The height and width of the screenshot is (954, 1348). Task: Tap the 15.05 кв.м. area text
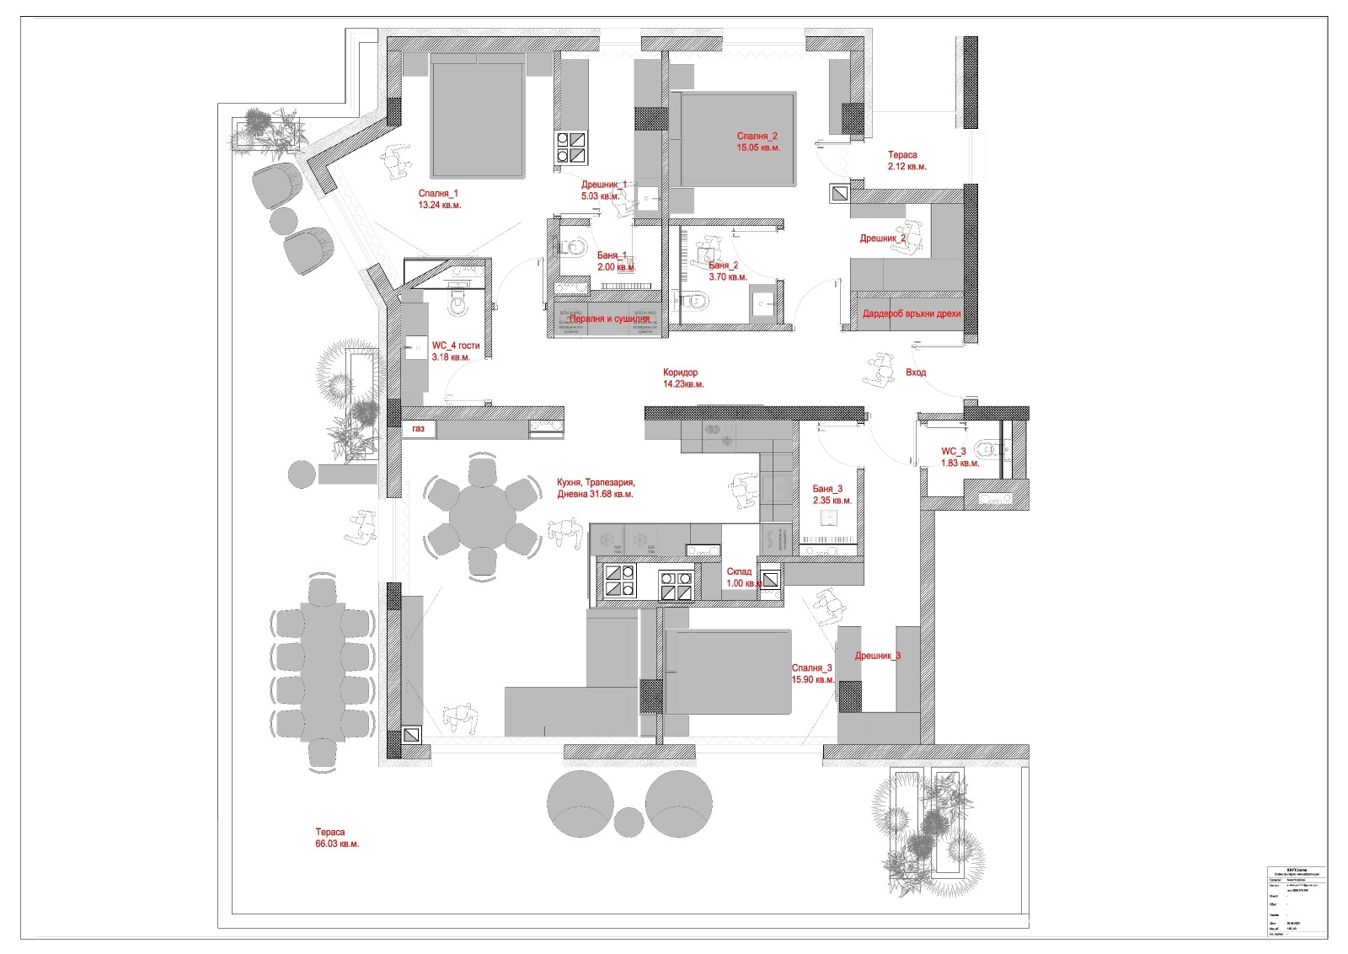click(757, 147)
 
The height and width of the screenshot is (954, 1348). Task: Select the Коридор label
click(680, 372)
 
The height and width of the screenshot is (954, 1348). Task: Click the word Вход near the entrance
click(916, 372)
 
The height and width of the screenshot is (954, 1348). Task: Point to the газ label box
click(419, 429)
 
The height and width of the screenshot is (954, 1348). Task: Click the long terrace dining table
click(322, 671)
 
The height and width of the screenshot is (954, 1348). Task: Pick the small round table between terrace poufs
click(629, 821)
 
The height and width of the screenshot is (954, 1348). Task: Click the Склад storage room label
click(739, 572)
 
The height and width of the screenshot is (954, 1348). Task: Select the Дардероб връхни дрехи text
click(911, 314)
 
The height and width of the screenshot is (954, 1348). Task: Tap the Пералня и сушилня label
click(609, 319)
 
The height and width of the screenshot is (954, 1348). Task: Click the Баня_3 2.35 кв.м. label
click(832, 495)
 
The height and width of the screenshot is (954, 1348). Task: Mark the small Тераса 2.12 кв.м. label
click(907, 160)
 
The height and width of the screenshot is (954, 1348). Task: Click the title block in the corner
click(1296, 899)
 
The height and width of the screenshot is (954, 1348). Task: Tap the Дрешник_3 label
click(878, 656)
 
